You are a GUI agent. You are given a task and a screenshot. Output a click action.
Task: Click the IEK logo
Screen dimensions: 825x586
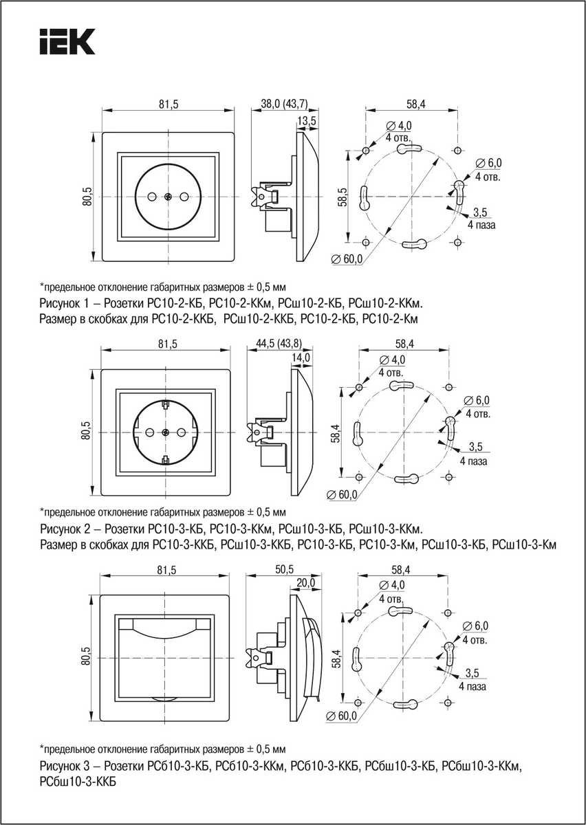tap(65, 42)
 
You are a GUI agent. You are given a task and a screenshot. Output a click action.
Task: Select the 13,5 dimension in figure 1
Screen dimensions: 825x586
tap(306, 121)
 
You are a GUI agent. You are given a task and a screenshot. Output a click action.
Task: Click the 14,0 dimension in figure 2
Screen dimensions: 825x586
tap(301, 357)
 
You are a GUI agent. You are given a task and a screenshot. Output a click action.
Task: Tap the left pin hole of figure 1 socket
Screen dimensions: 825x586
tap(152, 197)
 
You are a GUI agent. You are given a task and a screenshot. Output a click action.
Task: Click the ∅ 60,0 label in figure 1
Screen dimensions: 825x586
tap(347, 259)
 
